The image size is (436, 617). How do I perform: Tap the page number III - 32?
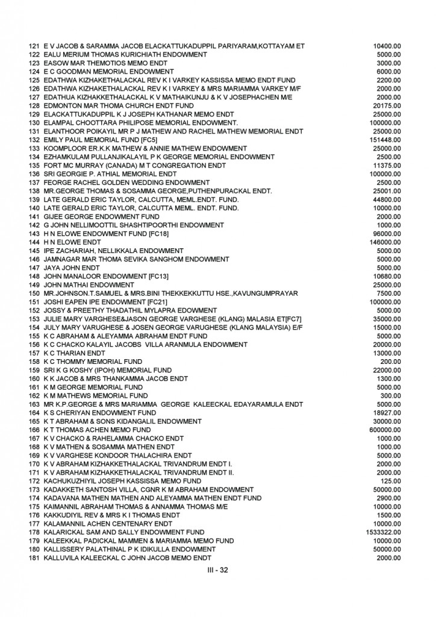(218, 570)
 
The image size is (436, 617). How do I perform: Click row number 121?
(34, 46)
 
